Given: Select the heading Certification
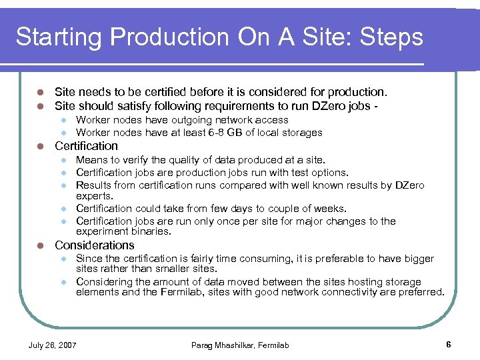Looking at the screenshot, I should (x=86, y=146).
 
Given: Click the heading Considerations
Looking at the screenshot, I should (x=94, y=245).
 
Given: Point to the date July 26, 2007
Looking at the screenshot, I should (x=52, y=345).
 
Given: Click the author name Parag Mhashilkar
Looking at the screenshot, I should (x=220, y=345).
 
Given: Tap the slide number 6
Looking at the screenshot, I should (x=449, y=345).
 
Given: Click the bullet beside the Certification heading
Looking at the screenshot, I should (x=40, y=146).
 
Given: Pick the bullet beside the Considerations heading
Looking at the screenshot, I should (x=40, y=245).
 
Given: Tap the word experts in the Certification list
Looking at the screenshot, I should (x=93, y=197).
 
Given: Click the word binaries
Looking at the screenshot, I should (x=150, y=232).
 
